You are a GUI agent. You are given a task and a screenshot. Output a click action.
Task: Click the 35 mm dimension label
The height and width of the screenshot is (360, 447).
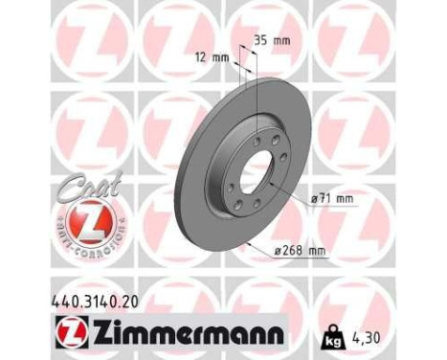coord(274,41)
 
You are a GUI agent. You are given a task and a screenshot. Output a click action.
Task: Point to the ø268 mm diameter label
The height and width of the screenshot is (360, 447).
coord(298,250)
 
